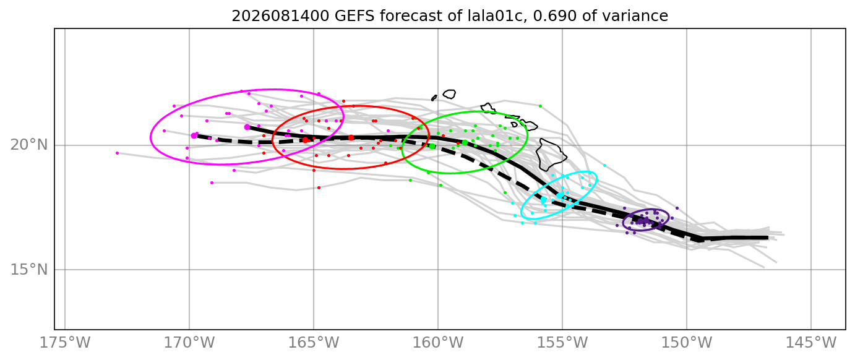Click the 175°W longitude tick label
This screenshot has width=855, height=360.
pyautogui.click(x=65, y=343)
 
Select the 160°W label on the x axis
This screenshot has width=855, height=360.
pyautogui.click(x=438, y=343)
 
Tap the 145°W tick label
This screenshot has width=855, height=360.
pyautogui.click(x=810, y=343)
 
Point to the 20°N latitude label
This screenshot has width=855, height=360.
pyautogui.click(x=29, y=145)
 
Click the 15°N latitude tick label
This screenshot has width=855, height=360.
pyautogui.click(x=29, y=270)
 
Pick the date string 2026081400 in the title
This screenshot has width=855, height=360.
pyautogui.click(x=280, y=16)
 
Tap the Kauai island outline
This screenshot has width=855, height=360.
pyautogui.click(x=450, y=94)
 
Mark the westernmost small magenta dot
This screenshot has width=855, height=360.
pyautogui.click(x=117, y=153)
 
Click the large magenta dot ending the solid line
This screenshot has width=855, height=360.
pyautogui.click(x=247, y=127)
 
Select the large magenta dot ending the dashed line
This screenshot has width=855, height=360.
pyautogui.click(x=194, y=135)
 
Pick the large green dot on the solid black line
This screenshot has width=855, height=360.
pyautogui.click(x=465, y=143)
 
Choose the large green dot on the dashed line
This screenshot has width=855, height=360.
pyautogui.click(x=432, y=146)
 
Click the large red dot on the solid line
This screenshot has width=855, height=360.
pyautogui.click(x=351, y=137)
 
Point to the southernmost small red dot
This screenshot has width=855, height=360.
pyautogui.click(x=319, y=187)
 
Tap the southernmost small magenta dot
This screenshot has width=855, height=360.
pyautogui.click(x=212, y=183)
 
